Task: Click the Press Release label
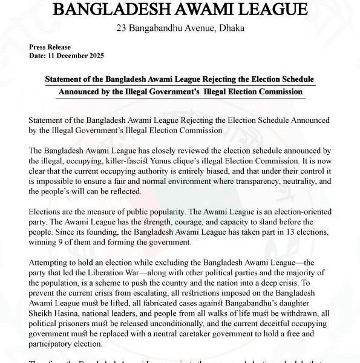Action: click(x=50, y=47)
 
